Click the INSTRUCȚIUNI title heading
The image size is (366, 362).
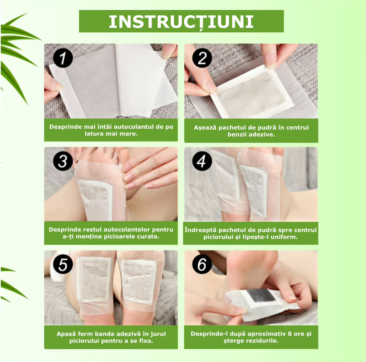pyautogui.click(x=181, y=22)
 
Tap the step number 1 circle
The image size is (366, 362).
pyautogui.click(x=63, y=58)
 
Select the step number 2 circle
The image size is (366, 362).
pyautogui.click(x=202, y=58)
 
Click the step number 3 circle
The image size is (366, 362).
pyautogui.click(x=63, y=161)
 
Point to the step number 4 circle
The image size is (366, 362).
pyautogui.click(x=202, y=161)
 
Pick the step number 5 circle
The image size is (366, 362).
pyautogui.click(x=63, y=264)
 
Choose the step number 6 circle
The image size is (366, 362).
pyautogui.click(x=202, y=264)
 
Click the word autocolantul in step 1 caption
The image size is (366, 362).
pyautogui.click(x=134, y=127)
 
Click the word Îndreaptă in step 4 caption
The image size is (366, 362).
pyautogui.click(x=200, y=230)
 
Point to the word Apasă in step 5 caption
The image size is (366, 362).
pyautogui.click(x=66, y=334)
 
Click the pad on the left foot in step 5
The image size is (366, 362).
pyautogui.click(x=93, y=279)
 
